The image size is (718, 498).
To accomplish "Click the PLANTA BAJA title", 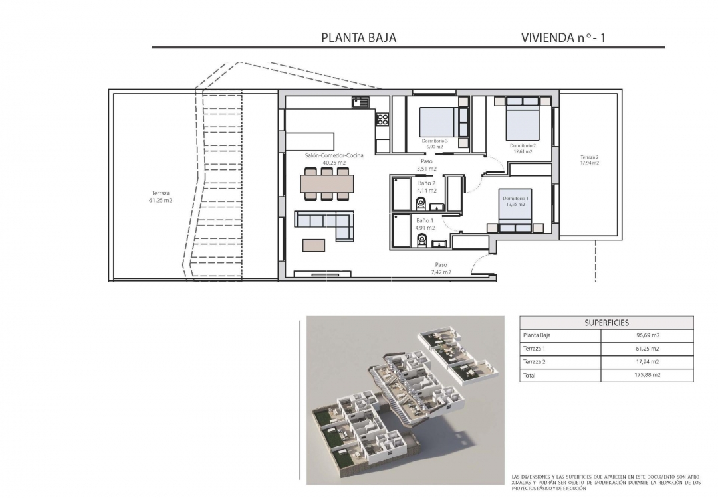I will [358, 38].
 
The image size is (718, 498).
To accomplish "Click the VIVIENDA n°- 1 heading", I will [563, 38].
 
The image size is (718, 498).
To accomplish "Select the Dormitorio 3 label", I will [435, 143].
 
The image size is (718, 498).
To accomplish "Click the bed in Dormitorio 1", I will [516, 210].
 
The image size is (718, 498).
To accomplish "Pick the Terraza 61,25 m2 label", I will [161, 196].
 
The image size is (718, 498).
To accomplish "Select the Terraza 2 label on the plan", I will [590, 159].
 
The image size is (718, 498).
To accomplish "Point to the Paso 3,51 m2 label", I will [426, 165].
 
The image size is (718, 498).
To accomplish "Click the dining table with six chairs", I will [326, 183].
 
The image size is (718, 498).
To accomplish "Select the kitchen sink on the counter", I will [360, 102].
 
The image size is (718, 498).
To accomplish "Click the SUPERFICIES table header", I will [606, 323].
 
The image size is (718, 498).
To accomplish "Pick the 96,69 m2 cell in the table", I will [648, 335].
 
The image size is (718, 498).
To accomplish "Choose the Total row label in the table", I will [529, 375].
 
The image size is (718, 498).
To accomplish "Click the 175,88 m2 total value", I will [648, 375].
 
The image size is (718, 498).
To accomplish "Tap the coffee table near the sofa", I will [315, 245].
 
